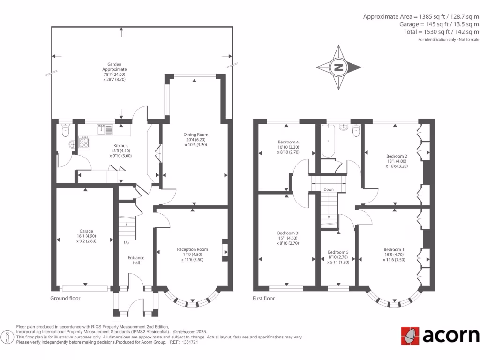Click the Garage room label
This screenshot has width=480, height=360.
click(86, 231)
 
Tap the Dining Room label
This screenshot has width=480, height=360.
click(195, 135)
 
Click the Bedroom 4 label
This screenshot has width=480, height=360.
click(288, 142)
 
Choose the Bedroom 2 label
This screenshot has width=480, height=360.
click(396, 156)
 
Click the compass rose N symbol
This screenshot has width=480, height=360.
click(338, 67)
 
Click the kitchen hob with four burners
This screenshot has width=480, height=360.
click(84, 142)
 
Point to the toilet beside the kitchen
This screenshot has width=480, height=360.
click(65, 130)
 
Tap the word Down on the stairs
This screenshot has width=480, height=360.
click(329, 190)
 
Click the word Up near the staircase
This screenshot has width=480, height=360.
click(126, 243)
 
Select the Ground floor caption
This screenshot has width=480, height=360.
click(65, 298)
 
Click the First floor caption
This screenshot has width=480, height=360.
click(263, 298)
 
